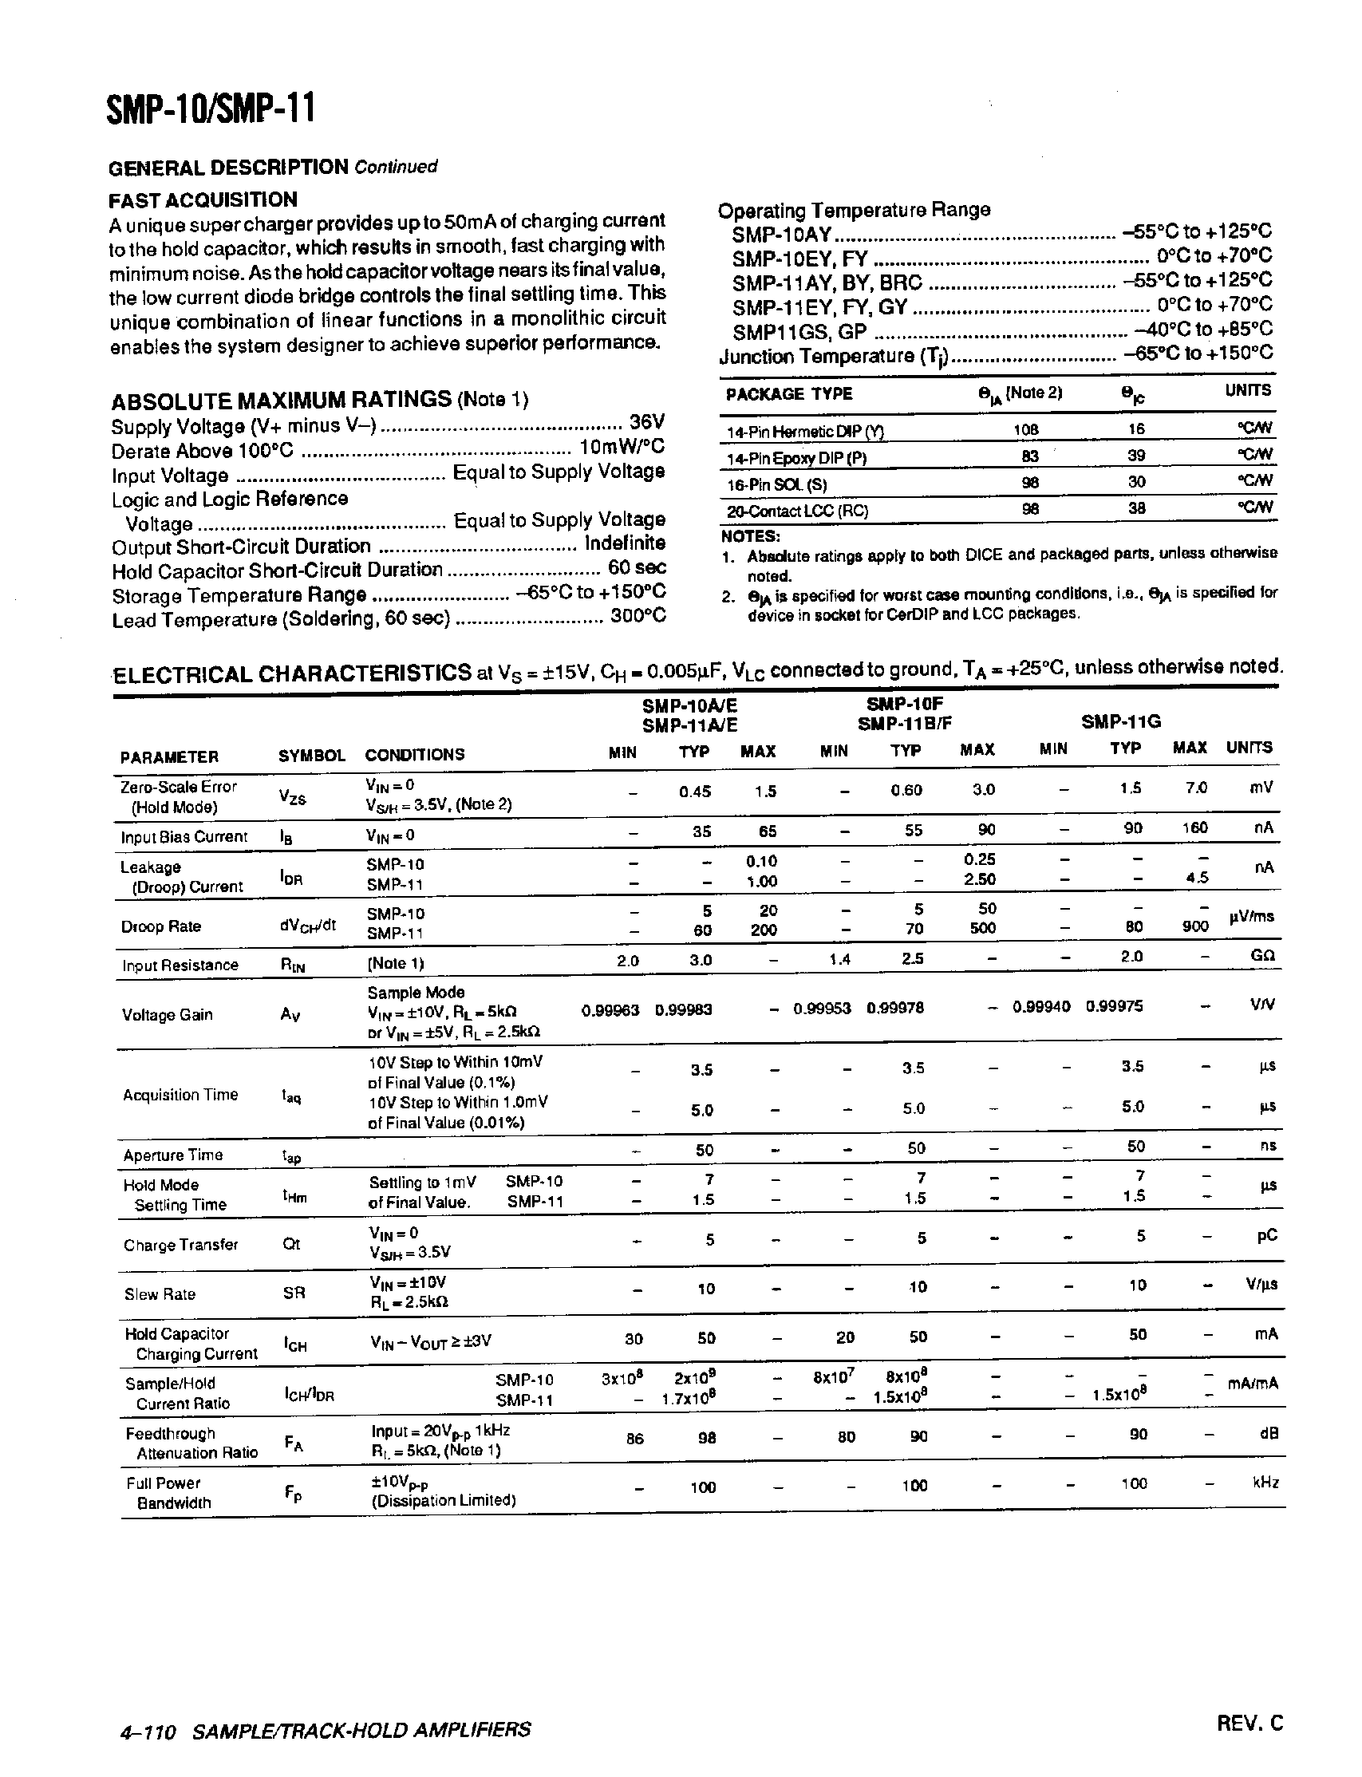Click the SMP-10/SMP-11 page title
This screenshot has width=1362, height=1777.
click(x=210, y=109)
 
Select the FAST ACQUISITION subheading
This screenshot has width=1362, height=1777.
click(x=203, y=199)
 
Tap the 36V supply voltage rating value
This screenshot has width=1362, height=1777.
click(x=647, y=422)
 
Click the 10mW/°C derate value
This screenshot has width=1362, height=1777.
click(x=621, y=447)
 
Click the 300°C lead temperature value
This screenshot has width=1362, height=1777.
click(x=638, y=616)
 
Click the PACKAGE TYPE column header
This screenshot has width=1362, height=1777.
click(x=788, y=394)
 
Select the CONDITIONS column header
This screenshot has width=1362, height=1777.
click(x=414, y=755)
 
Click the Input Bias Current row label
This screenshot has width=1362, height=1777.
click(x=184, y=836)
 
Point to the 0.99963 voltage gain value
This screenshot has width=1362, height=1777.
click(x=610, y=1010)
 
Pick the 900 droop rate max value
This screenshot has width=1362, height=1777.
click(x=1194, y=926)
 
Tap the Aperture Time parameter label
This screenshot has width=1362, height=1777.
click(x=172, y=1155)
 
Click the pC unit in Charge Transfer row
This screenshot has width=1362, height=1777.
click(x=1266, y=1235)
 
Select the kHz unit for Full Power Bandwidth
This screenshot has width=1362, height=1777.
click(x=1265, y=1483)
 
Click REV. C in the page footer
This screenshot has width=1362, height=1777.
click(x=1249, y=1723)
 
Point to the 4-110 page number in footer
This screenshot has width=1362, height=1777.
click(x=148, y=1731)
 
